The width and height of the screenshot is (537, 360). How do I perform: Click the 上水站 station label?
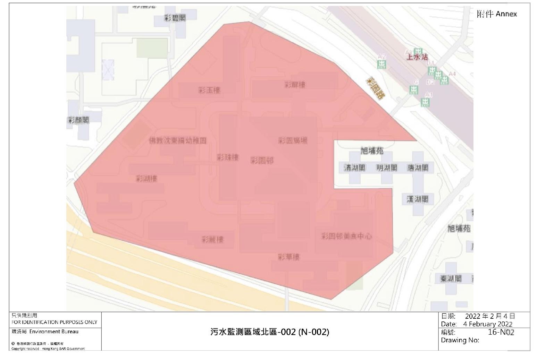pyautogui.click(x=417, y=57)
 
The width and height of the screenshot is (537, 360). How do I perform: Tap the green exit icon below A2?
pyautogui.click(x=381, y=64)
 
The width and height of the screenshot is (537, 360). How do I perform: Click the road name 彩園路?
pyautogui.click(x=376, y=88)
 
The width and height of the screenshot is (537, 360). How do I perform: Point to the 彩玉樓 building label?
pyautogui.click(x=209, y=91)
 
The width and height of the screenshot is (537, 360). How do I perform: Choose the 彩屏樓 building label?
pyautogui.click(x=295, y=85)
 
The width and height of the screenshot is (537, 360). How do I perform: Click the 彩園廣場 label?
pyautogui.click(x=293, y=140)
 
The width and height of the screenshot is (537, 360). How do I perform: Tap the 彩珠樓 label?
pyautogui.click(x=228, y=157)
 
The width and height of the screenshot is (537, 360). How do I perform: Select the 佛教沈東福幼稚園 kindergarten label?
pyautogui.click(x=177, y=140)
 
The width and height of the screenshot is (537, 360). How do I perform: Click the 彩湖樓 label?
pyautogui.click(x=146, y=179)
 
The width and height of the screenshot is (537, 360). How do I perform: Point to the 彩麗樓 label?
pyautogui.click(x=212, y=239)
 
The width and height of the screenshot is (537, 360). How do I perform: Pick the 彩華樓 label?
pyautogui.click(x=288, y=257)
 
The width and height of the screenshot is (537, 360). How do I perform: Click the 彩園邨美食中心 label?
pyautogui.click(x=346, y=236)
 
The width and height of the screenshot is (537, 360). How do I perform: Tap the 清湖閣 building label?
pyautogui.click(x=354, y=168)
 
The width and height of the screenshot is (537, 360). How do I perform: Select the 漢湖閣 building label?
pyautogui.click(x=417, y=199)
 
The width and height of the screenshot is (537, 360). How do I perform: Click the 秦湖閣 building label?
pyautogui.click(x=451, y=278)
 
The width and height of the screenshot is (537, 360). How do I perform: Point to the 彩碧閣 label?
pyautogui.click(x=175, y=18)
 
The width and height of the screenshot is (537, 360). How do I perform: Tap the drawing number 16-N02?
pyautogui.click(x=501, y=332)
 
